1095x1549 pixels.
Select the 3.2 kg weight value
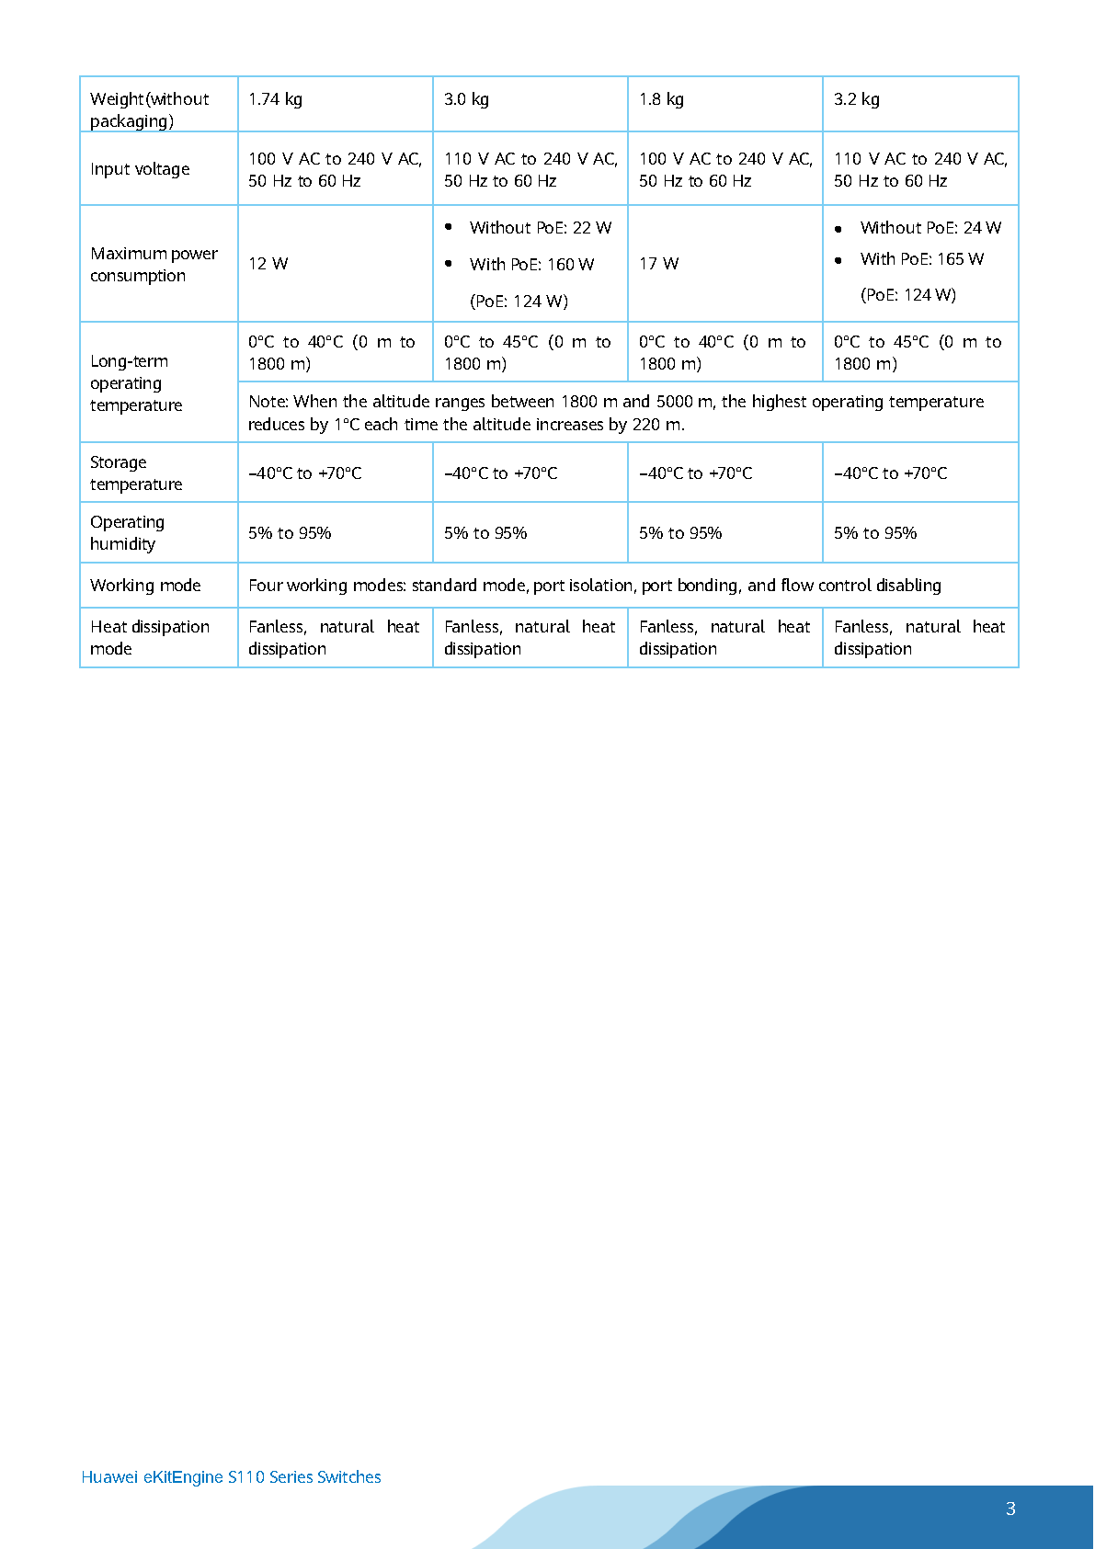[856, 99]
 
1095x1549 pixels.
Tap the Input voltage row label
[140, 169]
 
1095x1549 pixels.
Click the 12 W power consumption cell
[268, 264]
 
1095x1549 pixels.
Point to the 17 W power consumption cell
[658, 264]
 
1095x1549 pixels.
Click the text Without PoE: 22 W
[540, 228]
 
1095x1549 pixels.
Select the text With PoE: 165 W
[921, 259]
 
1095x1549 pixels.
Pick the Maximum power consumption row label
[154, 265]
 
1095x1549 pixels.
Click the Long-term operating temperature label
[136, 383]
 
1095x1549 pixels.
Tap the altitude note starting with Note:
[616, 413]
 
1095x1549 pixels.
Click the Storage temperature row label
[136, 473]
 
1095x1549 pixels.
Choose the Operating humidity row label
[127, 533]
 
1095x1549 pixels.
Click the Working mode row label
[145, 586]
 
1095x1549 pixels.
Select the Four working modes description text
[594, 586]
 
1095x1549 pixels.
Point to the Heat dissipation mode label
[149, 638]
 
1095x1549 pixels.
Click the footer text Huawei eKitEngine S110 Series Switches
[231, 1477]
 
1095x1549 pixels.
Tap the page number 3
[1010, 1509]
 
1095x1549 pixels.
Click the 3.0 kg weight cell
[466, 99]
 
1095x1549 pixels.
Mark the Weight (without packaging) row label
[149, 109]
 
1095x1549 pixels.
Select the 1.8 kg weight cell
[661, 99]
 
